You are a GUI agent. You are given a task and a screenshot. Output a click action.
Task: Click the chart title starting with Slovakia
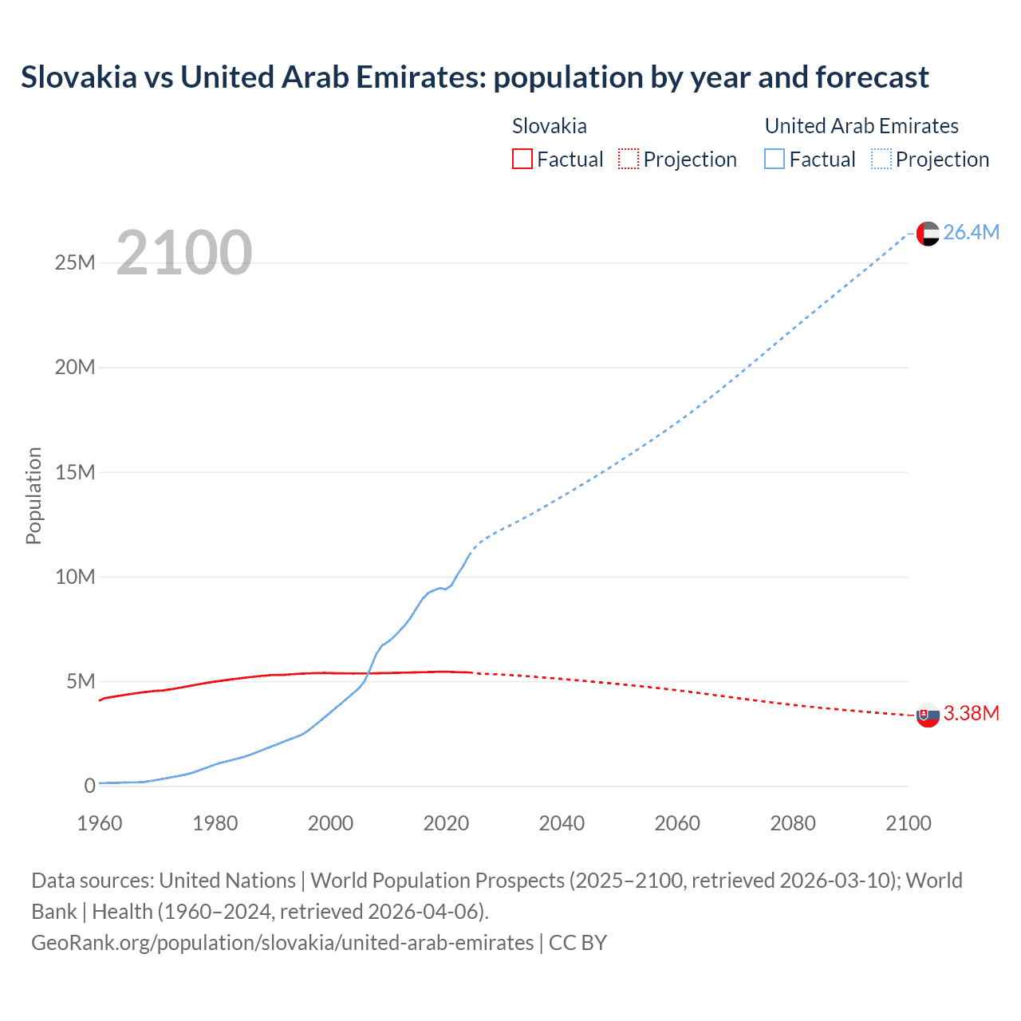(x=475, y=77)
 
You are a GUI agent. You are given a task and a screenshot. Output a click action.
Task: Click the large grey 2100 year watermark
(x=184, y=253)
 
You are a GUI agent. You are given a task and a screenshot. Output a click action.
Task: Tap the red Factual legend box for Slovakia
(x=522, y=159)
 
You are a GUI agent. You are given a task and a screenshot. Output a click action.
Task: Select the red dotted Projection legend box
(x=629, y=159)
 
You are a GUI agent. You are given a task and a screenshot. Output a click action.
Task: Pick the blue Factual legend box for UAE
(x=775, y=159)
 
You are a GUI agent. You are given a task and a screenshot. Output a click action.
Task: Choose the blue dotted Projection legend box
(x=881, y=159)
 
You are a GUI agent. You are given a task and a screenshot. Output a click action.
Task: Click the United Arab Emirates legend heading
(x=861, y=126)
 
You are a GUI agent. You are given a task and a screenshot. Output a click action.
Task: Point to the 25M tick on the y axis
(x=75, y=262)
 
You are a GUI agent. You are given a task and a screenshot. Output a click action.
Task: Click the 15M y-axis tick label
(x=75, y=472)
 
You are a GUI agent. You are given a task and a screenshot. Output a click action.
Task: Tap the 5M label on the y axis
(x=80, y=681)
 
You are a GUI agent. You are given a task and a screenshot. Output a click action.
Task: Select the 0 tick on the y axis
(x=89, y=786)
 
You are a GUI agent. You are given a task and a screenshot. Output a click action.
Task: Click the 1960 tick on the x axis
(x=100, y=823)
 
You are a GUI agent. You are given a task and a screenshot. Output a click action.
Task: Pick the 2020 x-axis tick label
(x=446, y=823)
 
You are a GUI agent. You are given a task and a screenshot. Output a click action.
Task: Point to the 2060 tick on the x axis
(x=677, y=823)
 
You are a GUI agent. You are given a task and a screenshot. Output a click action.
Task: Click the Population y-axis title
(x=34, y=495)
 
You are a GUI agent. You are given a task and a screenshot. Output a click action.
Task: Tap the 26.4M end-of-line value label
(x=971, y=232)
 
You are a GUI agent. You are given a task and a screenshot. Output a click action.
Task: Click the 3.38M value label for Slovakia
(x=971, y=713)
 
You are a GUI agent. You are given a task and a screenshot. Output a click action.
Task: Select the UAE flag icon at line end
(x=928, y=233)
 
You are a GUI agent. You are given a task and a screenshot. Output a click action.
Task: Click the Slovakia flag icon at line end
(x=928, y=715)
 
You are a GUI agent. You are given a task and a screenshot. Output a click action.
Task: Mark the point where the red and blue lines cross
(x=368, y=673)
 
